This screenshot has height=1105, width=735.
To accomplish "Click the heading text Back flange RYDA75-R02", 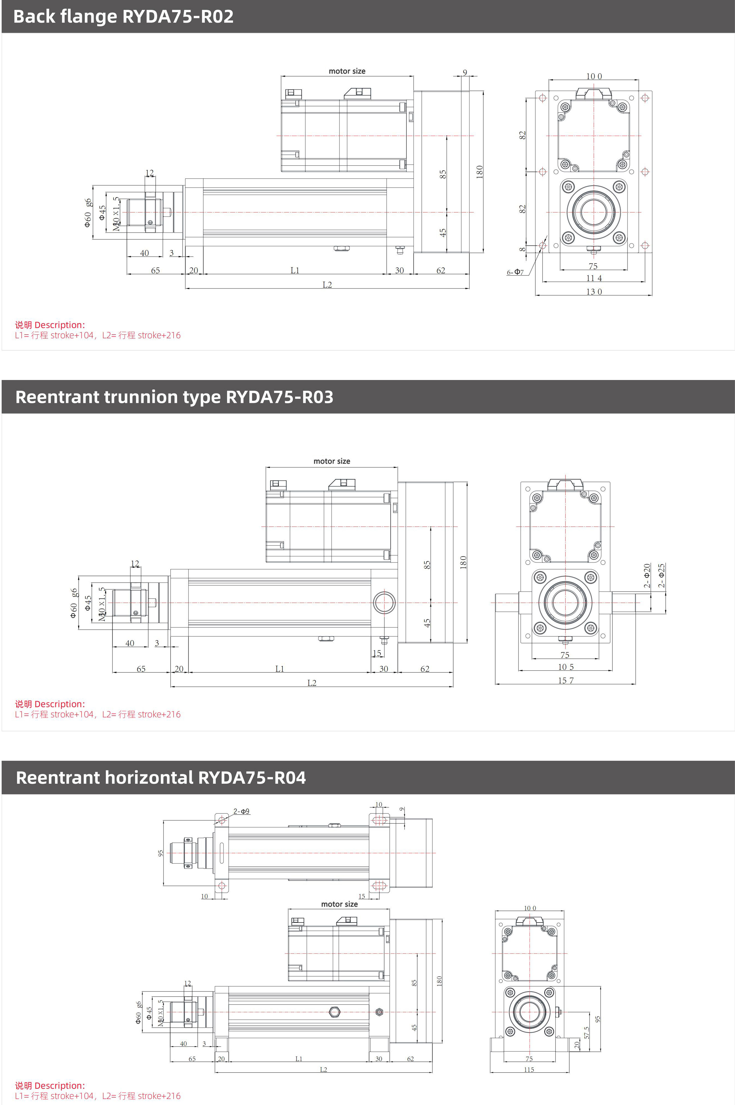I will coord(123,16).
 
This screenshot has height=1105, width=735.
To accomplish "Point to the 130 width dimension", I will coord(594,292).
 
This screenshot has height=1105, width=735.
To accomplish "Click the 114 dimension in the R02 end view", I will coord(594,278).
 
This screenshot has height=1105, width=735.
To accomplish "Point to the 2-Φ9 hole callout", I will coord(241,811).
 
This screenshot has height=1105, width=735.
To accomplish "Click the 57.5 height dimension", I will coord(586,1032).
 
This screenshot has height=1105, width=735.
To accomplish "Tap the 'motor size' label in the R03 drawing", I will coord(332,461).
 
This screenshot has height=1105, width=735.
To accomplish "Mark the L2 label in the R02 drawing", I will coord(327,285).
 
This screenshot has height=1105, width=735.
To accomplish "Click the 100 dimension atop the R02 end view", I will coord(594,76).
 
